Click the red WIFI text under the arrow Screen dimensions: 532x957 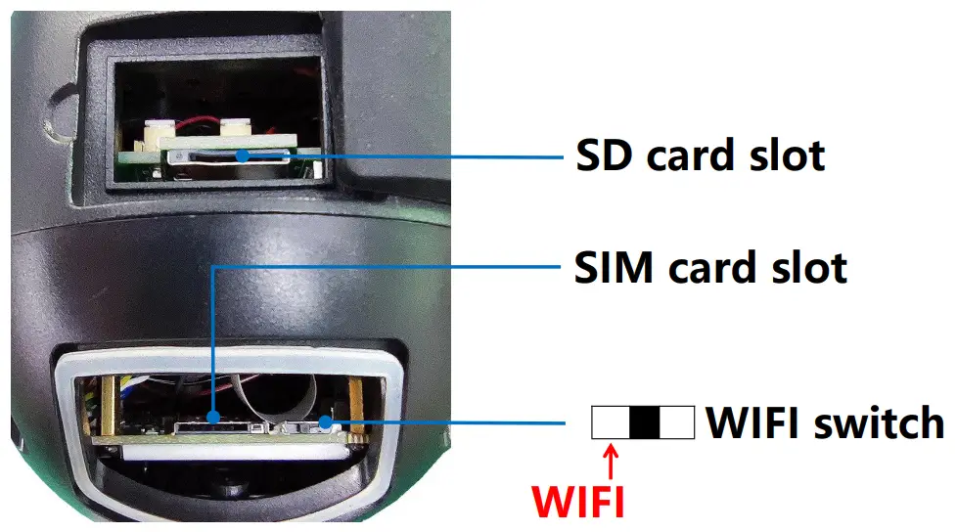pyautogui.click(x=577, y=501)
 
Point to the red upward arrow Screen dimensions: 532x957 pyautogui.click(x=613, y=460)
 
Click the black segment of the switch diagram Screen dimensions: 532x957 pyautogui.click(x=645, y=422)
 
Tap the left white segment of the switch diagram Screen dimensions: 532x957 pyautogui.click(x=611, y=422)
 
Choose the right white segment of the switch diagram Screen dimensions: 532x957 pyautogui.click(x=678, y=422)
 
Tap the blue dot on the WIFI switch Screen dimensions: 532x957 pyautogui.click(x=322, y=423)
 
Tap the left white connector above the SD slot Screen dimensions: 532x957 pyautogui.click(x=157, y=130)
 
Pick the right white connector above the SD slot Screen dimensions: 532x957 pyautogui.click(x=235, y=129)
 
